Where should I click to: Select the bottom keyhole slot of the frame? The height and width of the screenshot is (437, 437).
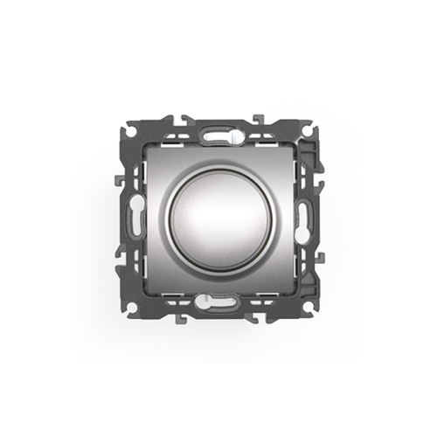(218, 304)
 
